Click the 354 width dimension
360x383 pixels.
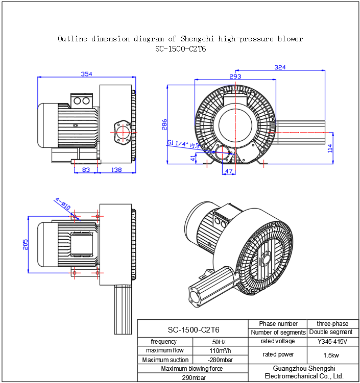[x=87, y=74]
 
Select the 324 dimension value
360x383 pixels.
[x=280, y=67]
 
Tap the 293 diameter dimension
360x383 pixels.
[x=235, y=76]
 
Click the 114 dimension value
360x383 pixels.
[x=330, y=148]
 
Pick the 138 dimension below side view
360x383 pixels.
[x=116, y=170]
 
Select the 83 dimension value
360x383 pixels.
[x=86, y=170]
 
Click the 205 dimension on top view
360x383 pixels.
[x=26, y=244]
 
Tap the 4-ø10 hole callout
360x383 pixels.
[x=63, y=203]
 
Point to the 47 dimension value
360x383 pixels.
[x=229, y=171]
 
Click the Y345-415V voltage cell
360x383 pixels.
[x=332, y=341]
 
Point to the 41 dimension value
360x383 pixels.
[x=193, y=159]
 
